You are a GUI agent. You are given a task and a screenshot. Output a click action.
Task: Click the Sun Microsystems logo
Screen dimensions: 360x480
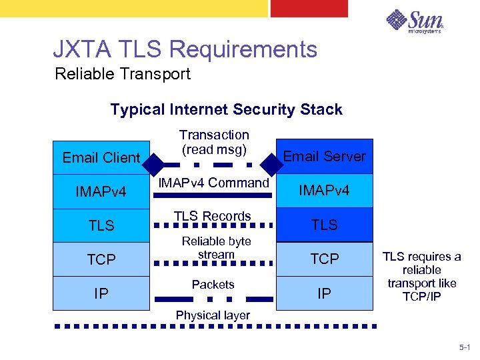tap(414, 22)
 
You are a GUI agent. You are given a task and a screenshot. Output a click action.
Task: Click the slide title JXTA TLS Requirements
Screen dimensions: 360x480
tap(185, 49)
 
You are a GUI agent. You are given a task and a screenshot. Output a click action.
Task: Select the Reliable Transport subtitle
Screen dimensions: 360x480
tap(123, 74)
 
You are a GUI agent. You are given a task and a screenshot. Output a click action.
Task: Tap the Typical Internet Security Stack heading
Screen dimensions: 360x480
tap(226, 109)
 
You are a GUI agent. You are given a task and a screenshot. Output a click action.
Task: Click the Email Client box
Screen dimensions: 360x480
tap(101, 157)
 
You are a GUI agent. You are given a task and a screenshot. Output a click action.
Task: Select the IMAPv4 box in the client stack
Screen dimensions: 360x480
tap(101, 192)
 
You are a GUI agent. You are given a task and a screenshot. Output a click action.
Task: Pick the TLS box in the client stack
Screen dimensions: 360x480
tap(101, 225)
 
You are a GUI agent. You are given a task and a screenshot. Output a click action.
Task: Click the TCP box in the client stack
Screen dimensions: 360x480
tap(101, 259)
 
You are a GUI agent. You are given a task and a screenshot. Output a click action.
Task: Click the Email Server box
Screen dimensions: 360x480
tap(325, 156)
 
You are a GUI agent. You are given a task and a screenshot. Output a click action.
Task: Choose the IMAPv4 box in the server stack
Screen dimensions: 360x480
tap(325, 191)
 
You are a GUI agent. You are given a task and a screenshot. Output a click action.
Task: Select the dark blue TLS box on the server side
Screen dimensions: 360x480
tap(325, 225)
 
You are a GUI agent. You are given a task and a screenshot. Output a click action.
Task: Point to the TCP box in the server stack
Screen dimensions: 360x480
tap(325, 259)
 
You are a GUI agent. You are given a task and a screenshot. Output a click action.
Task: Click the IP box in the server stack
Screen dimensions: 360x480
tap(325, 293)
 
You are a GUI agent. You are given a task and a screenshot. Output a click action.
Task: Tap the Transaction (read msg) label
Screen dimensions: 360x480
tap(214, 142)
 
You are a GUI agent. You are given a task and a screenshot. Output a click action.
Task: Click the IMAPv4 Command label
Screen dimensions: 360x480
tap(213, 183)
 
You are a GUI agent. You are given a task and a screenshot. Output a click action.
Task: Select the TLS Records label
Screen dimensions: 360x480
tap(213, 216)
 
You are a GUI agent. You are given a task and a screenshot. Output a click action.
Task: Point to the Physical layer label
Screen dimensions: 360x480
tap(213, 315)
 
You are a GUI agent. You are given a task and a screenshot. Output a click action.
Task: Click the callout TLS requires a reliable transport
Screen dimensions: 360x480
tap(421, 277)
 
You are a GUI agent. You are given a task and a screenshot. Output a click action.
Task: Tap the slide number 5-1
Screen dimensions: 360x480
tap(464, 347)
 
